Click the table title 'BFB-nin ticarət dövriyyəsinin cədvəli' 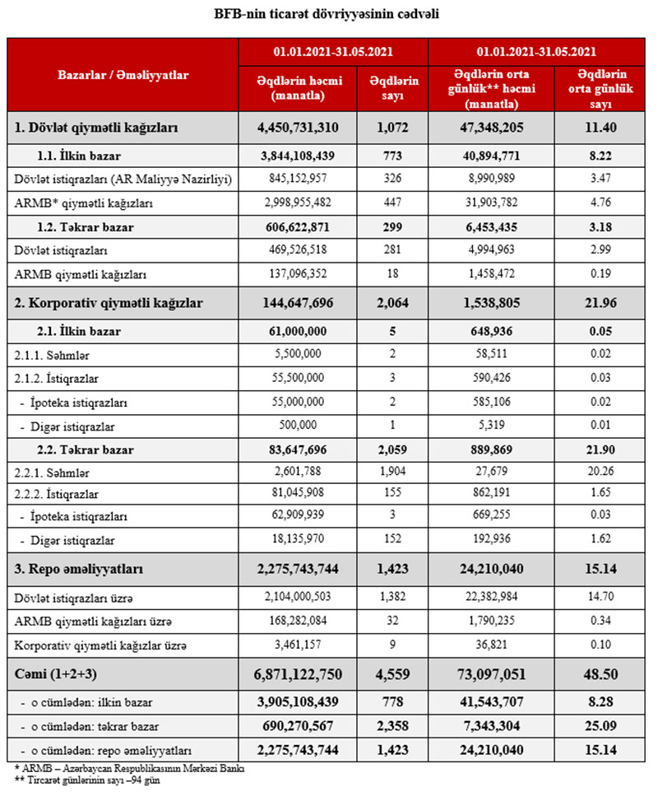pyautogui.click(x=327, y=14)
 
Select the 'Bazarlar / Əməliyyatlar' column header pyautogui.click(x=123, y=75)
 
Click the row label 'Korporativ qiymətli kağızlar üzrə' pyautogui.click(x=98, y=645)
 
